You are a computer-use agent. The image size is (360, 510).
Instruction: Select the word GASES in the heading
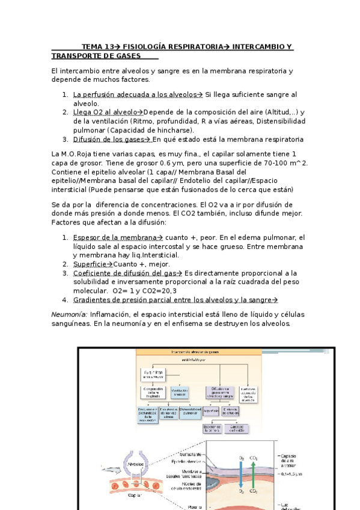tap(126, 56)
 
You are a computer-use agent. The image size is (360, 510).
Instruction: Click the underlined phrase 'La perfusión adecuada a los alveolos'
tap(135, 94)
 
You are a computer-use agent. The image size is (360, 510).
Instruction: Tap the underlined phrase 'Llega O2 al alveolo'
tap(105, 112)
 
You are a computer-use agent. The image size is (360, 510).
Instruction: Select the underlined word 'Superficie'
tap(90, 264)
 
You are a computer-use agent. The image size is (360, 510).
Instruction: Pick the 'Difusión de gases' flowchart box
tap(218, 392)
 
